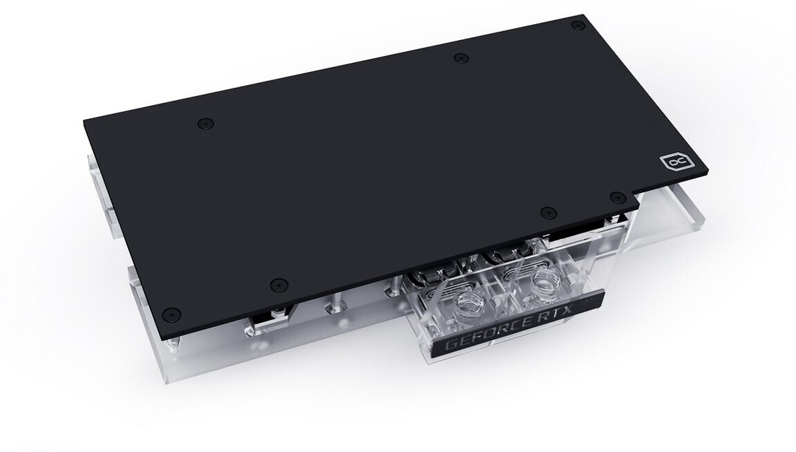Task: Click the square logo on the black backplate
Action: point(671,163)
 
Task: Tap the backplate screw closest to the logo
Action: point(617,197)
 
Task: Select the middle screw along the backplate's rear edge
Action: point(461,58)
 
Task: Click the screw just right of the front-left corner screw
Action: point(278,285)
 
